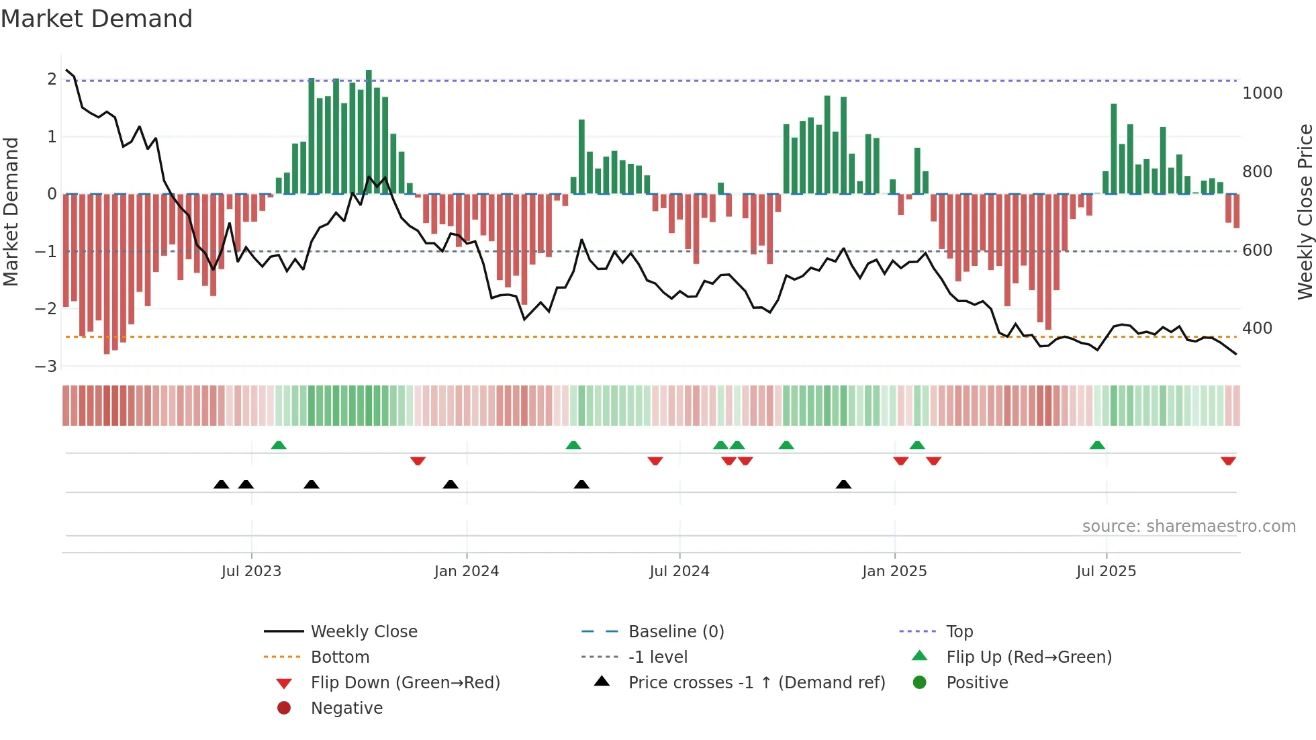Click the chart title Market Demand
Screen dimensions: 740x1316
pyautogui.click(x=97, y=19)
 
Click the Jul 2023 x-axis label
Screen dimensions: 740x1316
pyautogui.click(x=251, y=571)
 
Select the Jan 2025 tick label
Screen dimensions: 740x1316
pyautogui.click(x=894, y=571)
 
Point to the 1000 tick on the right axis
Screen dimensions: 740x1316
pyautogui.click(x=1262, y=93)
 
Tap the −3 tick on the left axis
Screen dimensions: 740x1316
pyautogui.click(x=46, y=367)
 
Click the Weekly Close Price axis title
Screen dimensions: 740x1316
pyautogui.click(x=1305, y=212)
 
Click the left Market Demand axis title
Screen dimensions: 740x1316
pyautogui.click(x=11, y=212)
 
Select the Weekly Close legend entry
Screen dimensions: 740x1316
pyautogui.click(x=363, y=632)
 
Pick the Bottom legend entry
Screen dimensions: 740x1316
pyautogui.click(x=340, y=657)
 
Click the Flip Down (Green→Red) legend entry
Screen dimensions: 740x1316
pyautogui.click(x=405, y=683)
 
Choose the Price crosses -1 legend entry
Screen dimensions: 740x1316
pyautogui.click(x=756, y=683)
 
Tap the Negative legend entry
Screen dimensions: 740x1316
pyautogui.click(x=346, y=708)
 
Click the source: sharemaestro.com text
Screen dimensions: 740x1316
pyautogui.click(x=1188, y=526)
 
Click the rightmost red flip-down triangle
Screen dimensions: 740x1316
pyautogui.click(x=1228, y=461)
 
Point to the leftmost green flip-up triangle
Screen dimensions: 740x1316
pyautogui.click(x=279, y=445)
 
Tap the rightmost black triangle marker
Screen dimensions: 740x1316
pyautogui.click(x=843, y=484)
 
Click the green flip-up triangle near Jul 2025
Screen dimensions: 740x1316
pyautogui.click(x=1097, y=445)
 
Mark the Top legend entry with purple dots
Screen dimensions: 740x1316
pyautogui.click(x=959, y=632)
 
